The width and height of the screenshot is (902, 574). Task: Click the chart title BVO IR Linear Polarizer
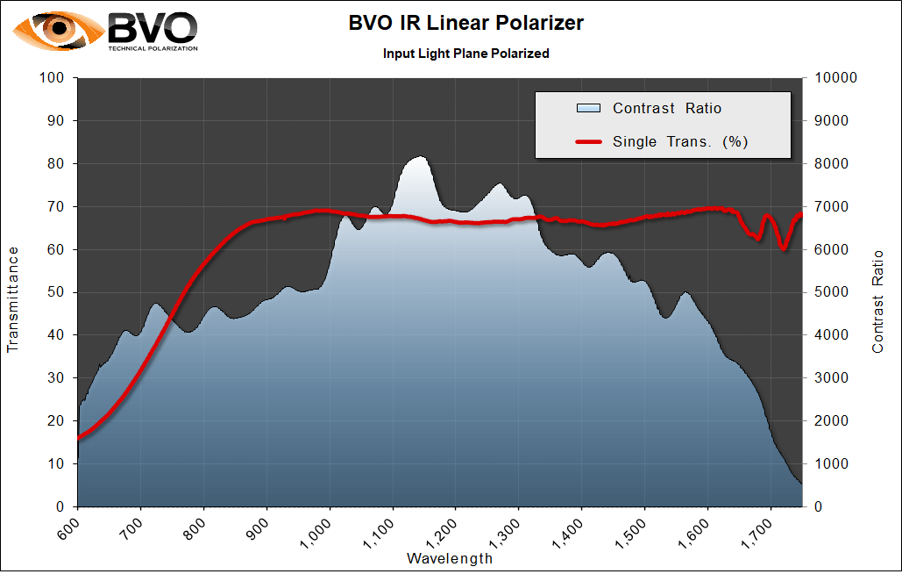465,24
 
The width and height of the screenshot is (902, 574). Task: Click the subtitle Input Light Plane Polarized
465,54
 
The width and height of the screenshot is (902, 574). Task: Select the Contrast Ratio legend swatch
588,109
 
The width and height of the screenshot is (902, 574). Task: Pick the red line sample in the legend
588,141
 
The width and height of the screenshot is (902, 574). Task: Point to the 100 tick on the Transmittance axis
53,78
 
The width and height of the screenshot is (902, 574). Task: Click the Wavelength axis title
450,558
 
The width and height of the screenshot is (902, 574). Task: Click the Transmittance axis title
13,299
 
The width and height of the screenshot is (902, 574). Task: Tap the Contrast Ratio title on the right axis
878,301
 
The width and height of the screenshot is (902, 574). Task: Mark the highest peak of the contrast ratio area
419,157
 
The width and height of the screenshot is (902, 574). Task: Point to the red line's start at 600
79,437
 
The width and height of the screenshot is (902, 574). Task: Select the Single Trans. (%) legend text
680,141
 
